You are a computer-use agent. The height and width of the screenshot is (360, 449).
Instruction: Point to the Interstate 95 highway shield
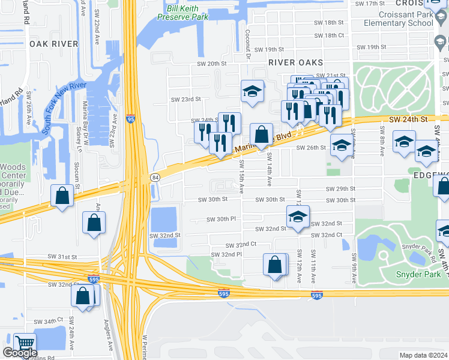(x=131, y=119)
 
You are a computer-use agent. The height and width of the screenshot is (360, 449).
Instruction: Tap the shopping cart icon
(x=25, y=344)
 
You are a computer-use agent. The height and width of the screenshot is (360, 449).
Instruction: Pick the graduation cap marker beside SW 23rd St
(x=252, y=91)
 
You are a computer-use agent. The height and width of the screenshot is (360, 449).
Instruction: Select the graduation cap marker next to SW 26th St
(x=342, y=146)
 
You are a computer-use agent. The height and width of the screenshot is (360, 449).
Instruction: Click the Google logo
(x=20, y=353)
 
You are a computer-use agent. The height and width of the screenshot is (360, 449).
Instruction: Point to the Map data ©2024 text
(x=423, y=355)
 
